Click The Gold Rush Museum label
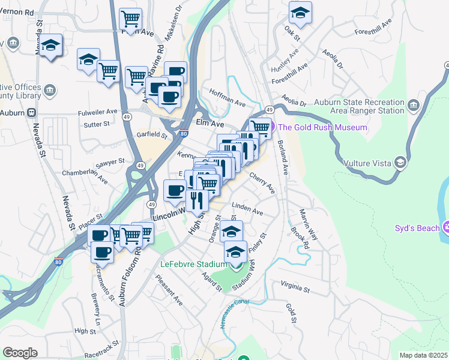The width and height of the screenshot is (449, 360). point(322,127)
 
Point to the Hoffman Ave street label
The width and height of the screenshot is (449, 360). point(227,98)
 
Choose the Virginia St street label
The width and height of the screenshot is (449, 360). point(294,287)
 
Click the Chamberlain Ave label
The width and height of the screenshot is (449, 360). point(85,176)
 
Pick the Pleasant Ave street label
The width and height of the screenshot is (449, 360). point(169,290)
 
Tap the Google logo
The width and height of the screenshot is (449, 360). point(20,353)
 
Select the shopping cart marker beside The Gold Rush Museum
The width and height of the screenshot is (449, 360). point(261,127)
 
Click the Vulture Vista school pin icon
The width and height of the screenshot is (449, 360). point(400,162)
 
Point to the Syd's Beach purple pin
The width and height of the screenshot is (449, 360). point(445,227)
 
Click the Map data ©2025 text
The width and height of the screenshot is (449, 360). point(424,355)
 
